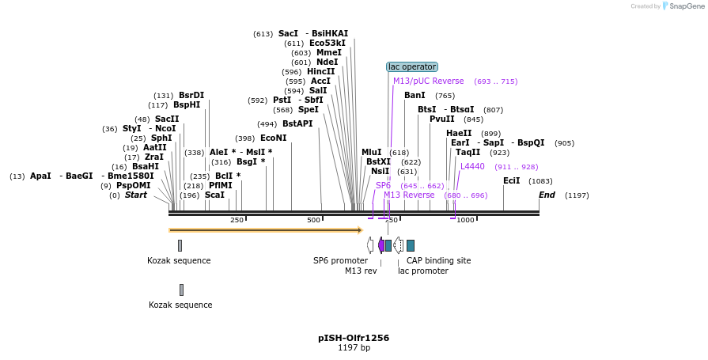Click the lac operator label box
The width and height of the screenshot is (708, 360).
[x=411, y=67]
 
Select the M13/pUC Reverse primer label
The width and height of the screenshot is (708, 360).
[x=428, y=81]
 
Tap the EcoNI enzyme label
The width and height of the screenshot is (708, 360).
[x=273, y=138]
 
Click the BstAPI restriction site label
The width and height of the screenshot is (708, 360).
[x=297, y=123]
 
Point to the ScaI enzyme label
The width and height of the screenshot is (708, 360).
[x=214, y=195]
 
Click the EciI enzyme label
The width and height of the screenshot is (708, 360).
[x=511, y=180]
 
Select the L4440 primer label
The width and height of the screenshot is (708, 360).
[x=472, y=166]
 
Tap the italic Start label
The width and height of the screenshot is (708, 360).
[x=135, y=195]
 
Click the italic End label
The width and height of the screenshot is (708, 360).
[x=547, y=195]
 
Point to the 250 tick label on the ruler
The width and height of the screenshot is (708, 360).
[x=237, y=220]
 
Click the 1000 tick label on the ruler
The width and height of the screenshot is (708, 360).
[x=465, y=220]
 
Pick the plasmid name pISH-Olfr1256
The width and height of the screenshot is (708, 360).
[x=354, y=338]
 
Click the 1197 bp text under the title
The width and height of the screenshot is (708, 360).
[x=354, y=347]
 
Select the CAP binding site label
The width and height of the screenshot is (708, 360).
[x=438, y=260]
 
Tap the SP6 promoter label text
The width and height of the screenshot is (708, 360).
[x=340, y=260]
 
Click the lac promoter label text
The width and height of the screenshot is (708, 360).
[x=422, y=271]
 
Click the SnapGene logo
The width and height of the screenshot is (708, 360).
[x=685, y=6]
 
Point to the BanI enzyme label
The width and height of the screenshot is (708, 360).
[x=415, y=95]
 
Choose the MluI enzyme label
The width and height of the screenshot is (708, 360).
[x=371, y=152]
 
